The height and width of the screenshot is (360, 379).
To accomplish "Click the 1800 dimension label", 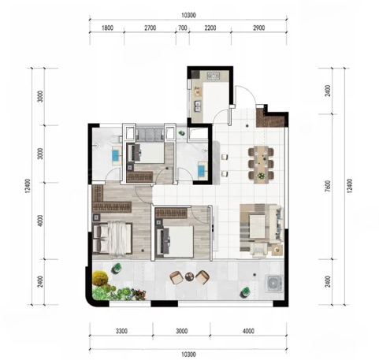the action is tap(107, 28).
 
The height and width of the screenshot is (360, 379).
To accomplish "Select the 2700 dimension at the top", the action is tap(150, 28).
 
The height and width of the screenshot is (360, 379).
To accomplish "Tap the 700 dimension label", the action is tap(183, 28).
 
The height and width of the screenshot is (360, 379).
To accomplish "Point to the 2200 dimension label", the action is tap(210, 28).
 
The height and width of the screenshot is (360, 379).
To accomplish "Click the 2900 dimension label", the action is tap(259, 28).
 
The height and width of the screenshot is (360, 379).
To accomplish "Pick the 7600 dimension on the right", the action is tap(328, 186).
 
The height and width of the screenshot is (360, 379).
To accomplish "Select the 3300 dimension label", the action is tap(121, 331).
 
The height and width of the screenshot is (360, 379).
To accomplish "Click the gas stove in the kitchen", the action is tap(214, 76).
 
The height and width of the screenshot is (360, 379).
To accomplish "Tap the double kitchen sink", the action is tap(198, 106).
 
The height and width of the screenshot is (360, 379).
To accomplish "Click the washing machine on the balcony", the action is tap(274, 284).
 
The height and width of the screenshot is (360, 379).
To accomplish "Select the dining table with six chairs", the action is tap(261, 164).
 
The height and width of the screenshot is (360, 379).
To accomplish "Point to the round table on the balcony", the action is tap(189, 276).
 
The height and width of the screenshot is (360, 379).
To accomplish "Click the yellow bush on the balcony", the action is tap(100, 278).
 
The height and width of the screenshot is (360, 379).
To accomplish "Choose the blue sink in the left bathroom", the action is tap(116, 155).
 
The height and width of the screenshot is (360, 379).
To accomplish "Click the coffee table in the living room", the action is tap(258, 226).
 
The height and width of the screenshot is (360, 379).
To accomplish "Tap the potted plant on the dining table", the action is tap(261, 176).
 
